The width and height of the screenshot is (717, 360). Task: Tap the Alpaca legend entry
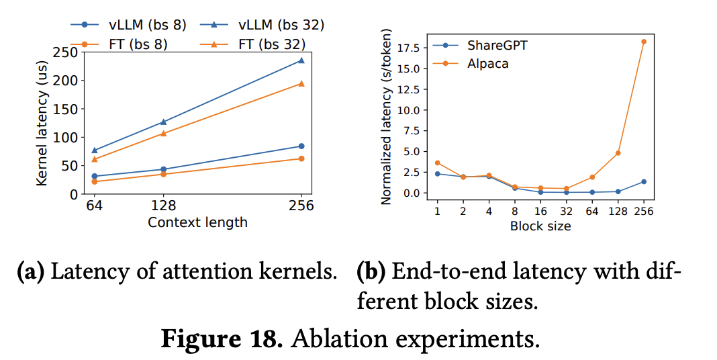point(487,64)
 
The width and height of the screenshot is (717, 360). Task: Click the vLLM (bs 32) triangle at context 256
point(301,60)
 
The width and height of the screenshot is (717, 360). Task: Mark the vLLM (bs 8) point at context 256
point(301,146)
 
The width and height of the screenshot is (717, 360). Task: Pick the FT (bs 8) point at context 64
point(95,181)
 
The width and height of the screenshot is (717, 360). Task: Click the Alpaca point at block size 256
point(643,42)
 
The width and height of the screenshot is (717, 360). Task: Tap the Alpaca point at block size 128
point(618,153)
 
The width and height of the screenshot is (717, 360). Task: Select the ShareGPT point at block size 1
point(437,174)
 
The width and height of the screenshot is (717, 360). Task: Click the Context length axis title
point(197,222)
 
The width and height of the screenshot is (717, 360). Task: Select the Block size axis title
point(540,226)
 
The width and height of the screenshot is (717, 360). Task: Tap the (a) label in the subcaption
point(30,273)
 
